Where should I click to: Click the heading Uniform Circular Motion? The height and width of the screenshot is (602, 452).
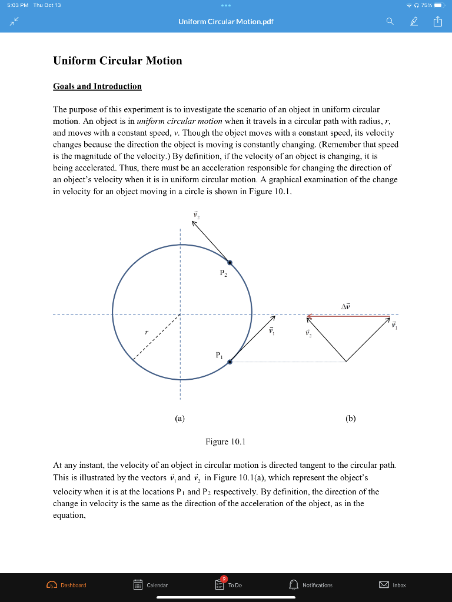(117, 61)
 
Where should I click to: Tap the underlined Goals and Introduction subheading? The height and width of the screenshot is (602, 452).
(97, 86)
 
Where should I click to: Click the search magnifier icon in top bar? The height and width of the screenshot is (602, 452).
(390, 22)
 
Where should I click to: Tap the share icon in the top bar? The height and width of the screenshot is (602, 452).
(437, 22)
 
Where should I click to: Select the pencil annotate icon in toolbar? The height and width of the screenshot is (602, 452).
(414, 22)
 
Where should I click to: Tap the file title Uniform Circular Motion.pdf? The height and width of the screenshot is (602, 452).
(226, 22)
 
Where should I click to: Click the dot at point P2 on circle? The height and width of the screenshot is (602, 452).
(230, 263)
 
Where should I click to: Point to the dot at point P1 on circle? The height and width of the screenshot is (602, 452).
(230, 362)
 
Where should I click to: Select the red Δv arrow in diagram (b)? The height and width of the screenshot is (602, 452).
(350, 316)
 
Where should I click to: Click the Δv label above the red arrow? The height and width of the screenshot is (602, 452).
(345, 306)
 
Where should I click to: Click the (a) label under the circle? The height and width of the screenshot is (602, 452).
(180, 419)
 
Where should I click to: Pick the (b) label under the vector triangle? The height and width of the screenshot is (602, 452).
(351, 419)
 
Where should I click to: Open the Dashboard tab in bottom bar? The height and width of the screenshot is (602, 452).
(67, 585)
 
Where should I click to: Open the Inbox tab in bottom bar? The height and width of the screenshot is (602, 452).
(393, 585)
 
